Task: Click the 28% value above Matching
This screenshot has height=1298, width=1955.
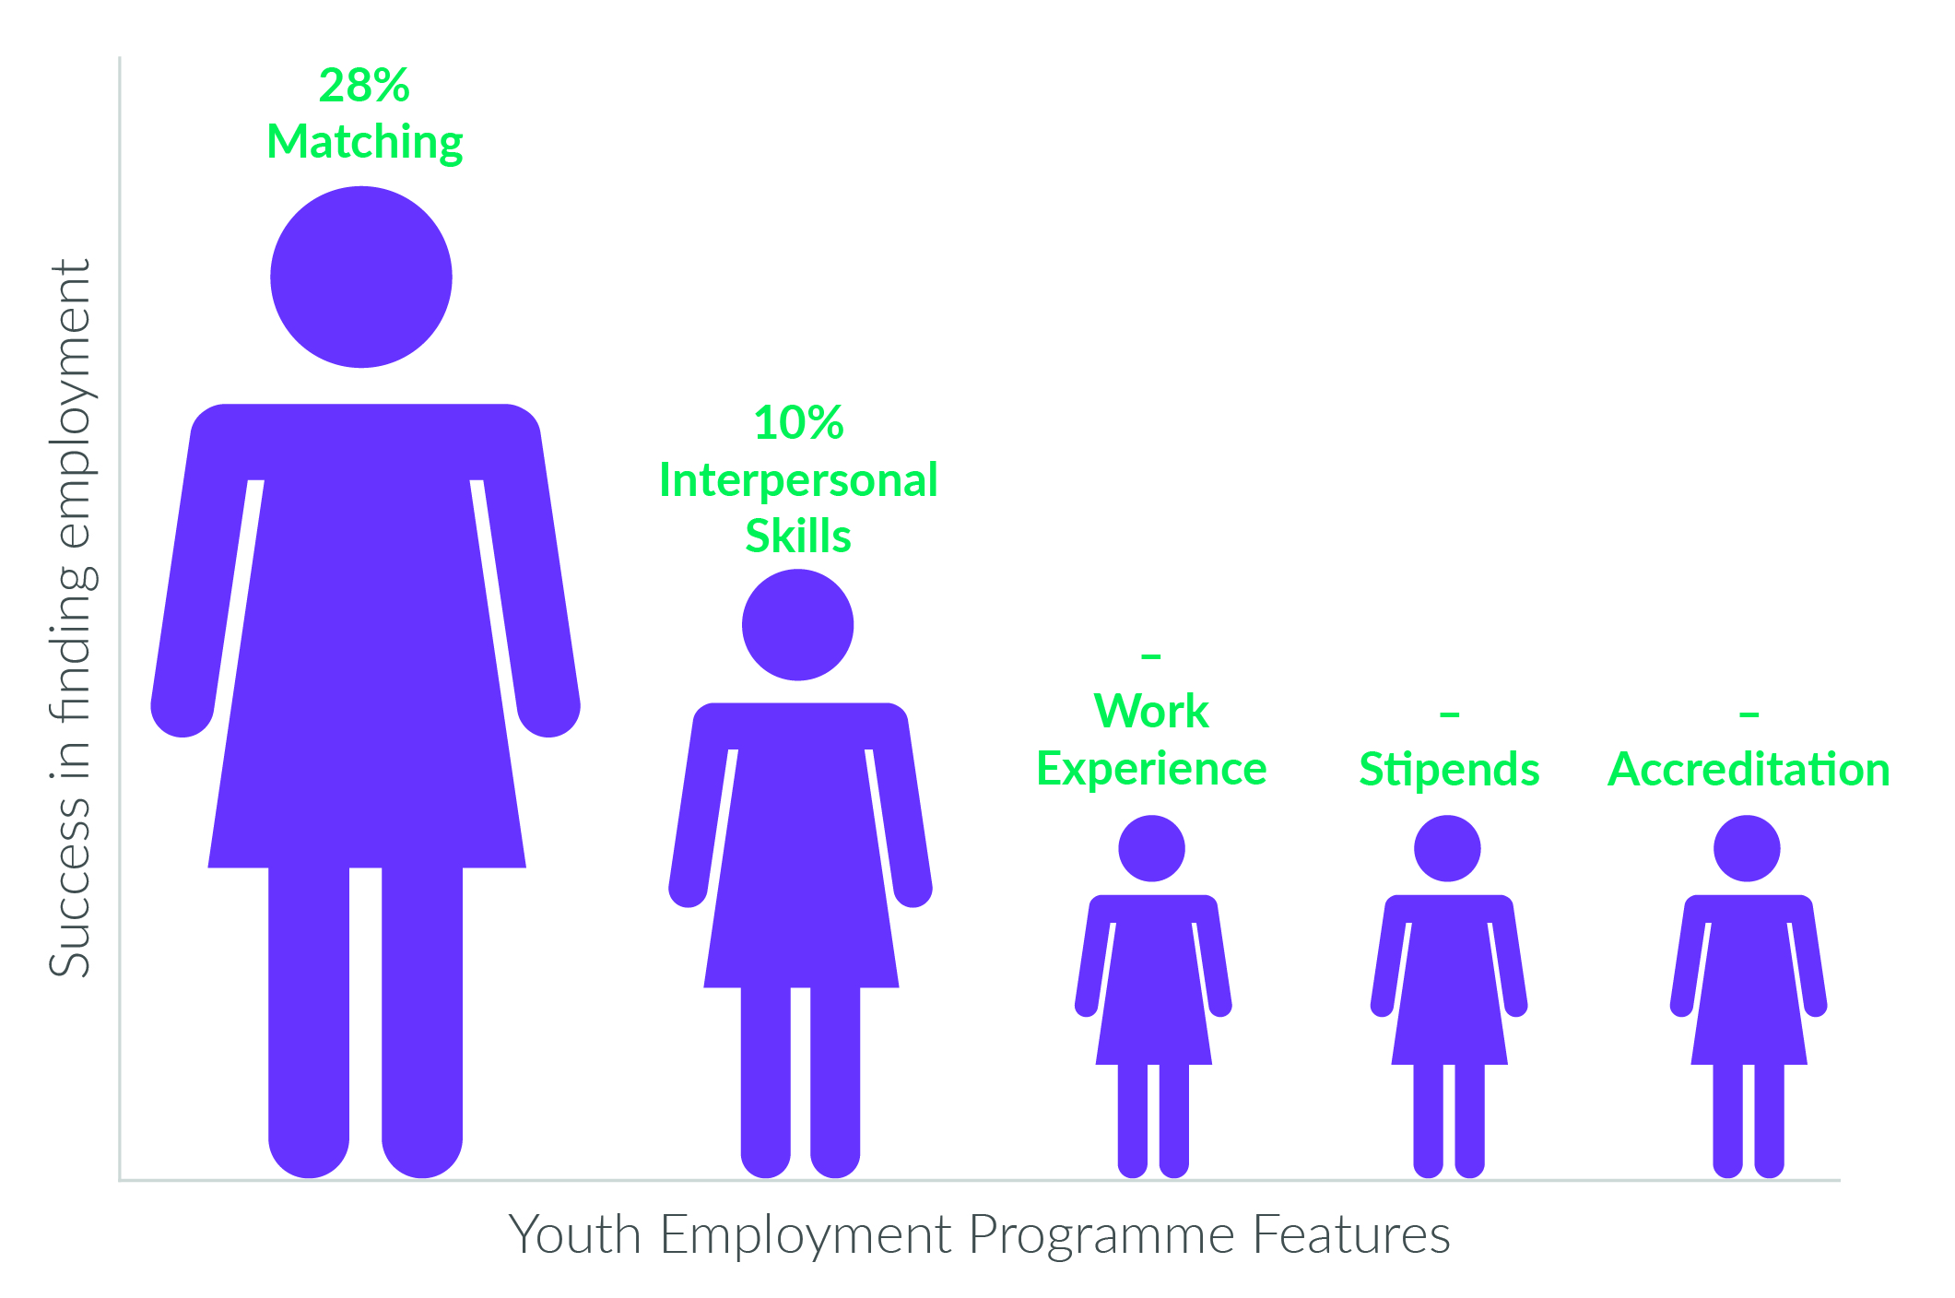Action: [x=364, y=86]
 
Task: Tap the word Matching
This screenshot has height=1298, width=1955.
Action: [x=365, y=144]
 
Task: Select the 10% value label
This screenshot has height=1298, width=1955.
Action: [x=798, y=423]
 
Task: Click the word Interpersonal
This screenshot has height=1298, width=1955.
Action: [x=798, y=481]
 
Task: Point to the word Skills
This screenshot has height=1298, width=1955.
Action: [x=798, y=537]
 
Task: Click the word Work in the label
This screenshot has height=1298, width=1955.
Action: [x=1151, y=712]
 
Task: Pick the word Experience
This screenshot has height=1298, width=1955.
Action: [x=1151, y=770]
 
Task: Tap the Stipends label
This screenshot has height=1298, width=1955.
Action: [x=1449, y=770]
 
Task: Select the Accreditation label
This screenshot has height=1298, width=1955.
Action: [x=1749, y=769]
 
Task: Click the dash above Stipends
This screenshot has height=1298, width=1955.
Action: [x=1449, y=714]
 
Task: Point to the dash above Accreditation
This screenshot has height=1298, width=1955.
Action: [x=1749, y=714]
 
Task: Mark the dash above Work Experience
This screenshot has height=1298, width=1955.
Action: [x=1151, y=656]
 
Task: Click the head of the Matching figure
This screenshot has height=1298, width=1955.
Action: [x=361, y=277]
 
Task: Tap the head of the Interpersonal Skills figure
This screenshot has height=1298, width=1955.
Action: [x=798, y=625]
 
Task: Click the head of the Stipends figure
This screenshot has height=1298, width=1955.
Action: [x=1447, y=848]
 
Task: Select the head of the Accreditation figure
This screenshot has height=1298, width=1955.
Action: [x=1747, y=848]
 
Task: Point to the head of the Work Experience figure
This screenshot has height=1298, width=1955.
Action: [x=1151, y=848]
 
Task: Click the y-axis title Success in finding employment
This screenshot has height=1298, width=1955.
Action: [x=71, y=618]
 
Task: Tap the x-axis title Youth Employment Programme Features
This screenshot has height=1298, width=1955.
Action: [x=979, y=1236]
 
